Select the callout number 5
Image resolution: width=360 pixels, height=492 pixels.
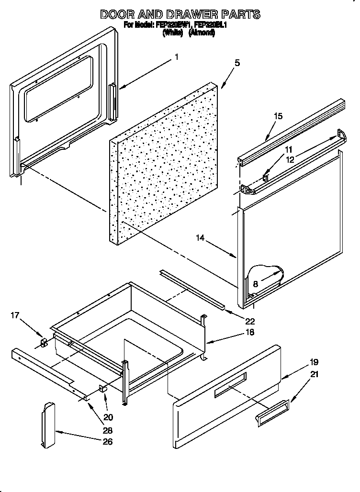point(237,63)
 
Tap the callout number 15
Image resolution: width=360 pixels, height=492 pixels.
point(278,116)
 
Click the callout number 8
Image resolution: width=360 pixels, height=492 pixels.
point(256,284)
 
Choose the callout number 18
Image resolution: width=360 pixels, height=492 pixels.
point(249,332)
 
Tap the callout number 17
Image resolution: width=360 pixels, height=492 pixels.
point(15,315)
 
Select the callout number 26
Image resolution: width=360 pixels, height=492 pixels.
point(108,441)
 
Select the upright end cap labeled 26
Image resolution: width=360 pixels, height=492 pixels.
point(48,425)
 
